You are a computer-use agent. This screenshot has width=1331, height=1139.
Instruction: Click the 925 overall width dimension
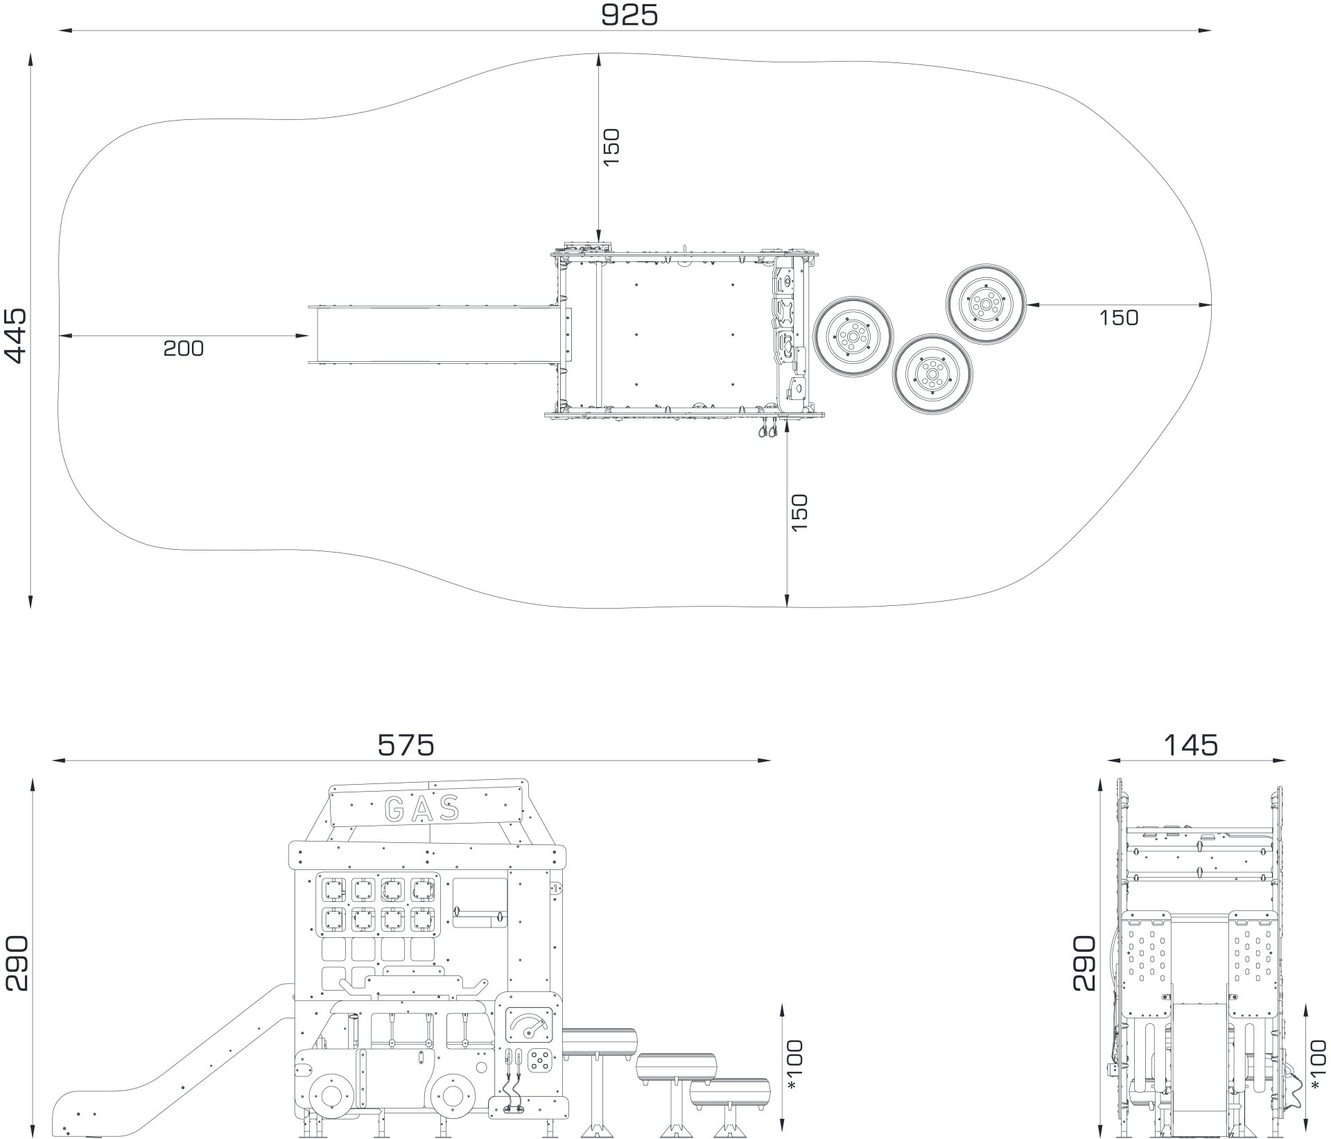point(629,15)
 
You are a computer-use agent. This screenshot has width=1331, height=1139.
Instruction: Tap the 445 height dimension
point(15,336)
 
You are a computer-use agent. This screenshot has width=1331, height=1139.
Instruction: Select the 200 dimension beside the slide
point(184,348)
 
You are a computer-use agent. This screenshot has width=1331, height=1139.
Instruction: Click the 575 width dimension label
point(406,745)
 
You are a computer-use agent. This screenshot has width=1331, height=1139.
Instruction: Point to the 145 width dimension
point(1190,745)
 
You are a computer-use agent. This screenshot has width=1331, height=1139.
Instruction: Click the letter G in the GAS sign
point(396,808)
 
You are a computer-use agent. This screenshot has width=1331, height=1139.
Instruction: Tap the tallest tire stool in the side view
point(599,1043)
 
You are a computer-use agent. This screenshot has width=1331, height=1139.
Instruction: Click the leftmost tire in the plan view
point(853,337)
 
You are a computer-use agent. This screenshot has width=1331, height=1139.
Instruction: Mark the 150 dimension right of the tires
point(1119,318)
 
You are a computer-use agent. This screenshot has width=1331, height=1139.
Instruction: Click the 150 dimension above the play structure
point(611,146)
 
